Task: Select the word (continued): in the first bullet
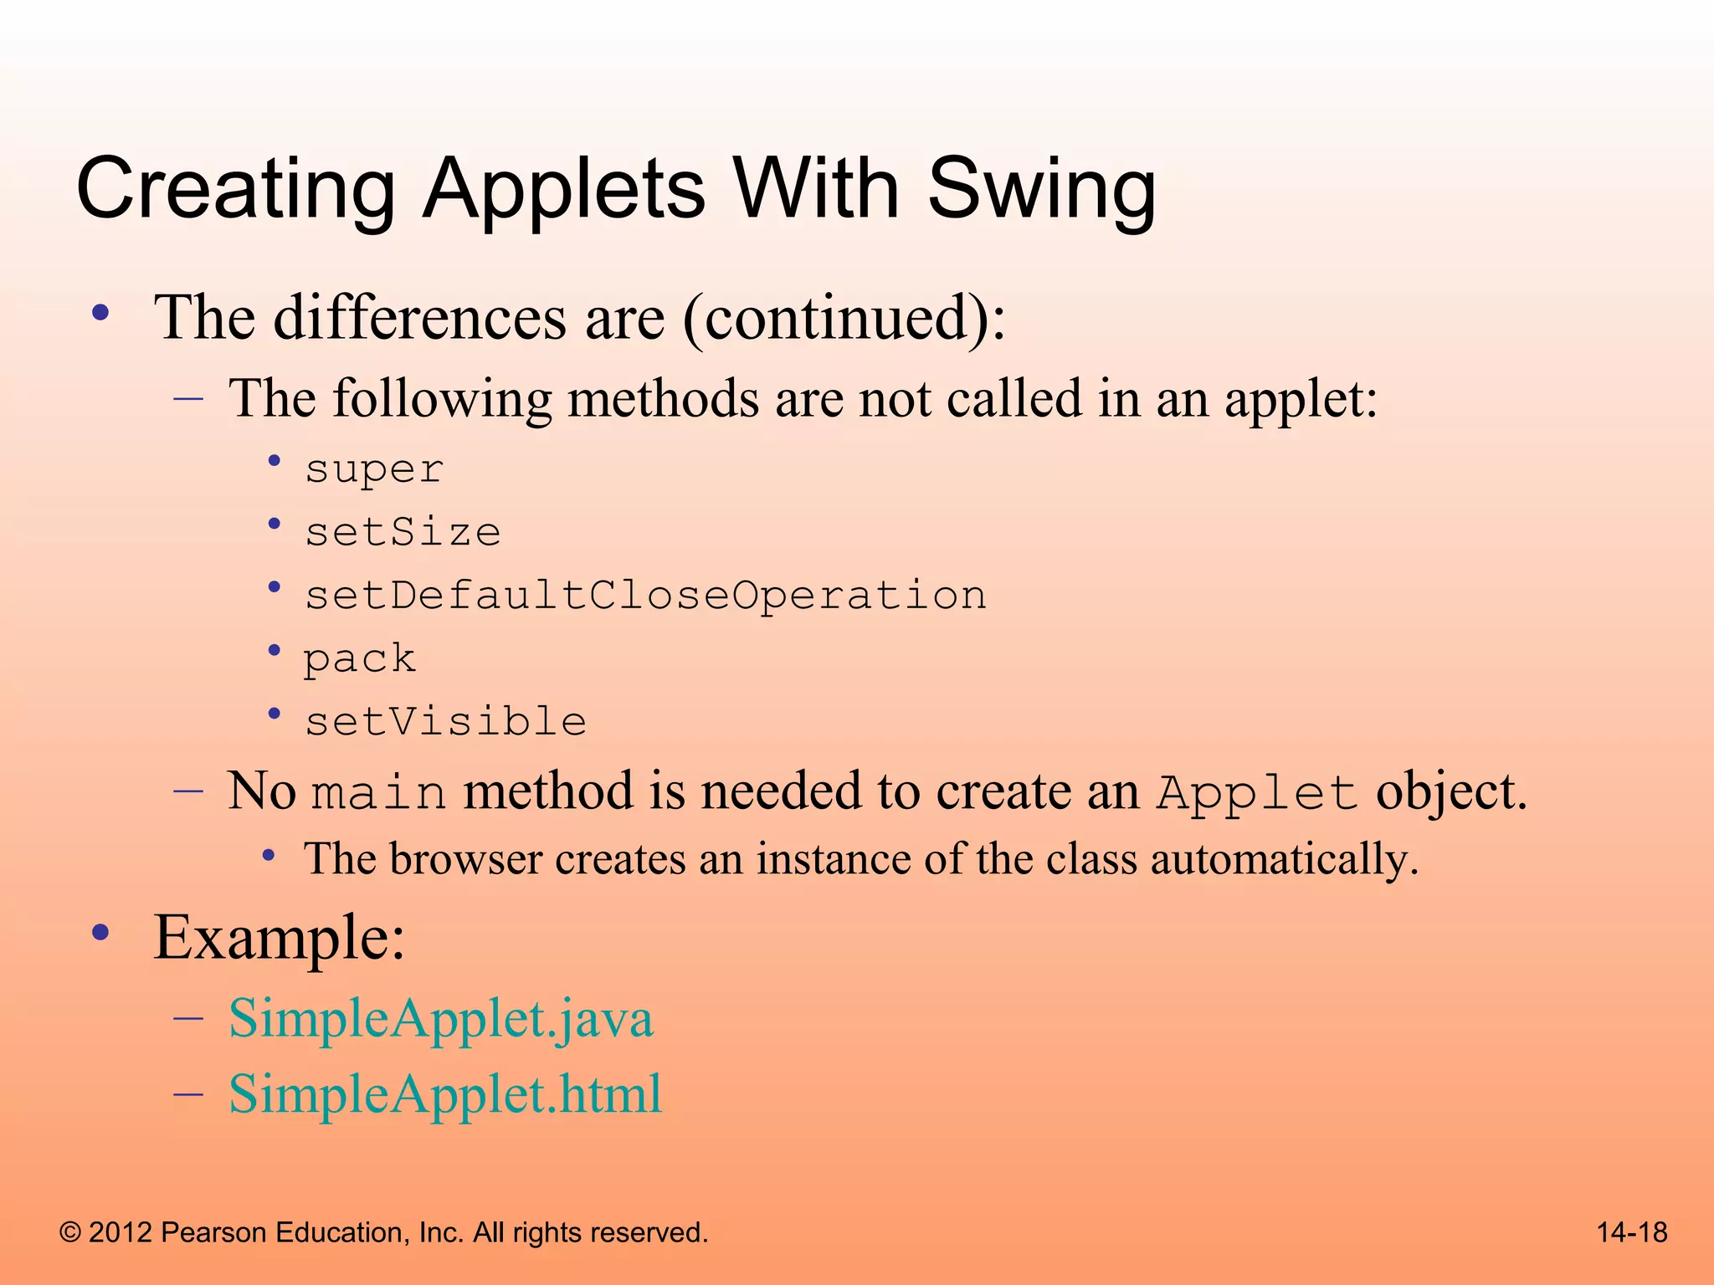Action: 844,318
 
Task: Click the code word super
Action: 373,468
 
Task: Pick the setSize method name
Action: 403,532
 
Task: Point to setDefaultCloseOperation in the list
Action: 645,596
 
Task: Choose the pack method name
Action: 359,658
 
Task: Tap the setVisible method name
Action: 445,721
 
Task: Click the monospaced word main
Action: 378,792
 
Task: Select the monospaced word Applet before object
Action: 1256,792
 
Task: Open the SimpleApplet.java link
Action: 440,1018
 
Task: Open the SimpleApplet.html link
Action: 445,1093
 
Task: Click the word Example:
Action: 280,938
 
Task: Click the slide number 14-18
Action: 1631,1232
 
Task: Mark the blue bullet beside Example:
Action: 101,933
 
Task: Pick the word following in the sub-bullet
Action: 442,398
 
